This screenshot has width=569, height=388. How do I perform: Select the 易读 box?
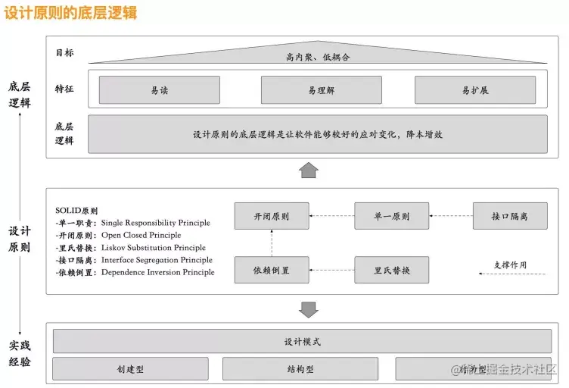pos(159,90)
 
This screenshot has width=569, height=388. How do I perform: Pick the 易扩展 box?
pos(475,90)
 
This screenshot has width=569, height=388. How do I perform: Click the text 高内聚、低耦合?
pos(318,57)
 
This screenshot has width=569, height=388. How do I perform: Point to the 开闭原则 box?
pos(272,216)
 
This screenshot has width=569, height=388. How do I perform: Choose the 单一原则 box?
pos(392,216)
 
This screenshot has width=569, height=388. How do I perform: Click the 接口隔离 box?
pos(510,216)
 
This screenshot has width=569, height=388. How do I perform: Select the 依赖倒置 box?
pos(272,270)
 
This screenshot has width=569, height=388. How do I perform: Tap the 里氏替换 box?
pos(392,270)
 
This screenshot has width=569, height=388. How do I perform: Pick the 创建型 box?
pos(130,369)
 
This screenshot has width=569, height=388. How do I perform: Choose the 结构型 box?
pos(300,369)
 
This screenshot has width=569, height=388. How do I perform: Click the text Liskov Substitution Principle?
pos(153,248)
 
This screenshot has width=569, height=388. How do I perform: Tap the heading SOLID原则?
pos(76,211)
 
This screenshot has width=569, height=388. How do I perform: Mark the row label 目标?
pos(64,53)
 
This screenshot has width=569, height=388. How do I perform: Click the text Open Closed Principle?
pos(141,235)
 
